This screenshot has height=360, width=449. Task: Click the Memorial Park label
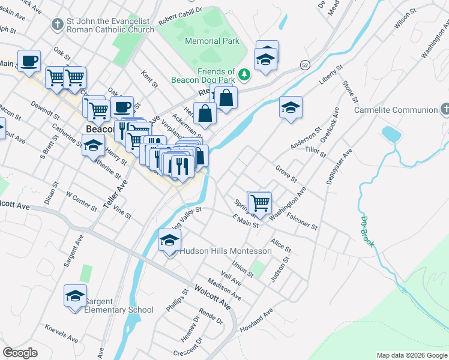(212, 41)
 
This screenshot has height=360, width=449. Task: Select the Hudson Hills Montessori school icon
(170, 241)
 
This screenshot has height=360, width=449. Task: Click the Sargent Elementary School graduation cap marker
(75, 296)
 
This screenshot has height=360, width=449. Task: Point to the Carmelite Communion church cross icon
(445, 110)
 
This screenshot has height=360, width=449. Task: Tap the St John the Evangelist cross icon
(57, 25)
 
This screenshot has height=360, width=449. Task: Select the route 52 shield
(306, 64)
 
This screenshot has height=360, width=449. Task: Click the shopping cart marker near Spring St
(260, 203)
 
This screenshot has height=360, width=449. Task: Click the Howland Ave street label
(256, 321)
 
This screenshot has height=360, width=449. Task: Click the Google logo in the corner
(20, 353)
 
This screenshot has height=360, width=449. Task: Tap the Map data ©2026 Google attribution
(411, 355)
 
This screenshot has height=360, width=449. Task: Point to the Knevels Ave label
(61, 334)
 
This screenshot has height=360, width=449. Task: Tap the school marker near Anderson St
(291, 108)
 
